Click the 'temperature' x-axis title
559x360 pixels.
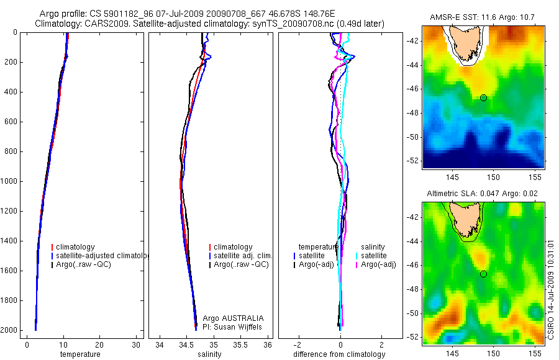point(80,354)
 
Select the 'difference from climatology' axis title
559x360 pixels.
point(339,354)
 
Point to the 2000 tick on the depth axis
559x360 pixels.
point(9,330)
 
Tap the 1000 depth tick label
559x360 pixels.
point(9,181)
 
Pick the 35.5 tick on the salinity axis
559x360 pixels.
point(240,345)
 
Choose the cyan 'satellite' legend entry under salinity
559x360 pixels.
point(373,256)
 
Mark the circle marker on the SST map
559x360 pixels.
point(483,98)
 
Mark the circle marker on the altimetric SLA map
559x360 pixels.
point(483,274)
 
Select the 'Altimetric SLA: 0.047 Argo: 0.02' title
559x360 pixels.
point(483,195)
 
